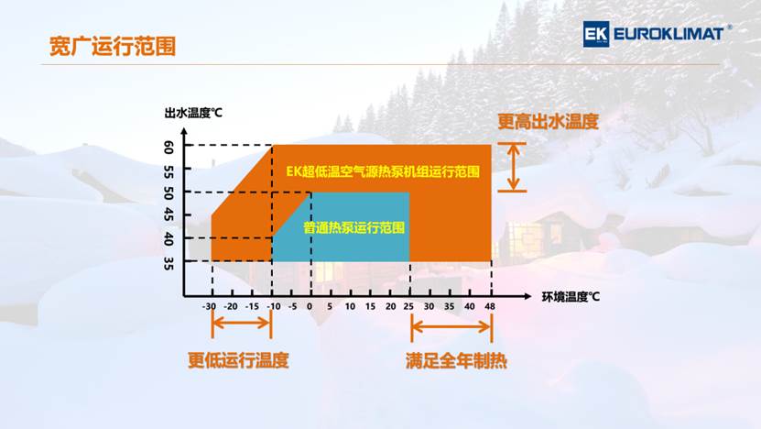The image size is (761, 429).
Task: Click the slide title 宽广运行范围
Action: (x=112, y=47)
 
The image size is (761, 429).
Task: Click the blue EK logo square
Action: (x=596, y=34)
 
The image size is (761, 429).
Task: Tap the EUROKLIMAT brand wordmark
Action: (x=669, y=34)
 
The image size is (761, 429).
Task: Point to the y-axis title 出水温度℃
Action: (x=193, y=113)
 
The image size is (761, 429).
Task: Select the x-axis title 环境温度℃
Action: (x=571, y=296)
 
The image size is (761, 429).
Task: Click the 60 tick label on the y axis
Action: (x=169, y=148)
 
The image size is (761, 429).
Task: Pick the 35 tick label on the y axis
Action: (x=169, y=263)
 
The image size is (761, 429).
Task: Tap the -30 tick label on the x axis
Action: (x=209, y=306)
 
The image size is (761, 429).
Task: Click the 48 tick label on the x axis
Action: (x=490, y=306)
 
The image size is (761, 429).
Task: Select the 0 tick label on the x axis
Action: (x=310, y=306)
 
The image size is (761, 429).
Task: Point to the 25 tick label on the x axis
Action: (x=408, y=306)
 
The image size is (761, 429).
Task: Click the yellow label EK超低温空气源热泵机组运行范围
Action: (x=383, y=171)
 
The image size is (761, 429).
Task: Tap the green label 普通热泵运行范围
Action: (x=353, y=227)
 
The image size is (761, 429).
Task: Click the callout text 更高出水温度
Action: (x=548, y=122)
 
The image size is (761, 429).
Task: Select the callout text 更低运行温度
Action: (x=238, y=360)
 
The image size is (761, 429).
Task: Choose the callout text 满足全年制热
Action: (x=456, y=361)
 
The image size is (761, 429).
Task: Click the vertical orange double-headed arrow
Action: (x=513, y=167)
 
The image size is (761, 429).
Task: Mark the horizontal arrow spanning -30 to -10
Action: (x=242, y=323)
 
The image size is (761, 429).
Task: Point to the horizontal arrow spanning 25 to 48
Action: (x=451, y=327)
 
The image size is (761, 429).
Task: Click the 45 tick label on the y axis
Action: (x=169, y=214)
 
